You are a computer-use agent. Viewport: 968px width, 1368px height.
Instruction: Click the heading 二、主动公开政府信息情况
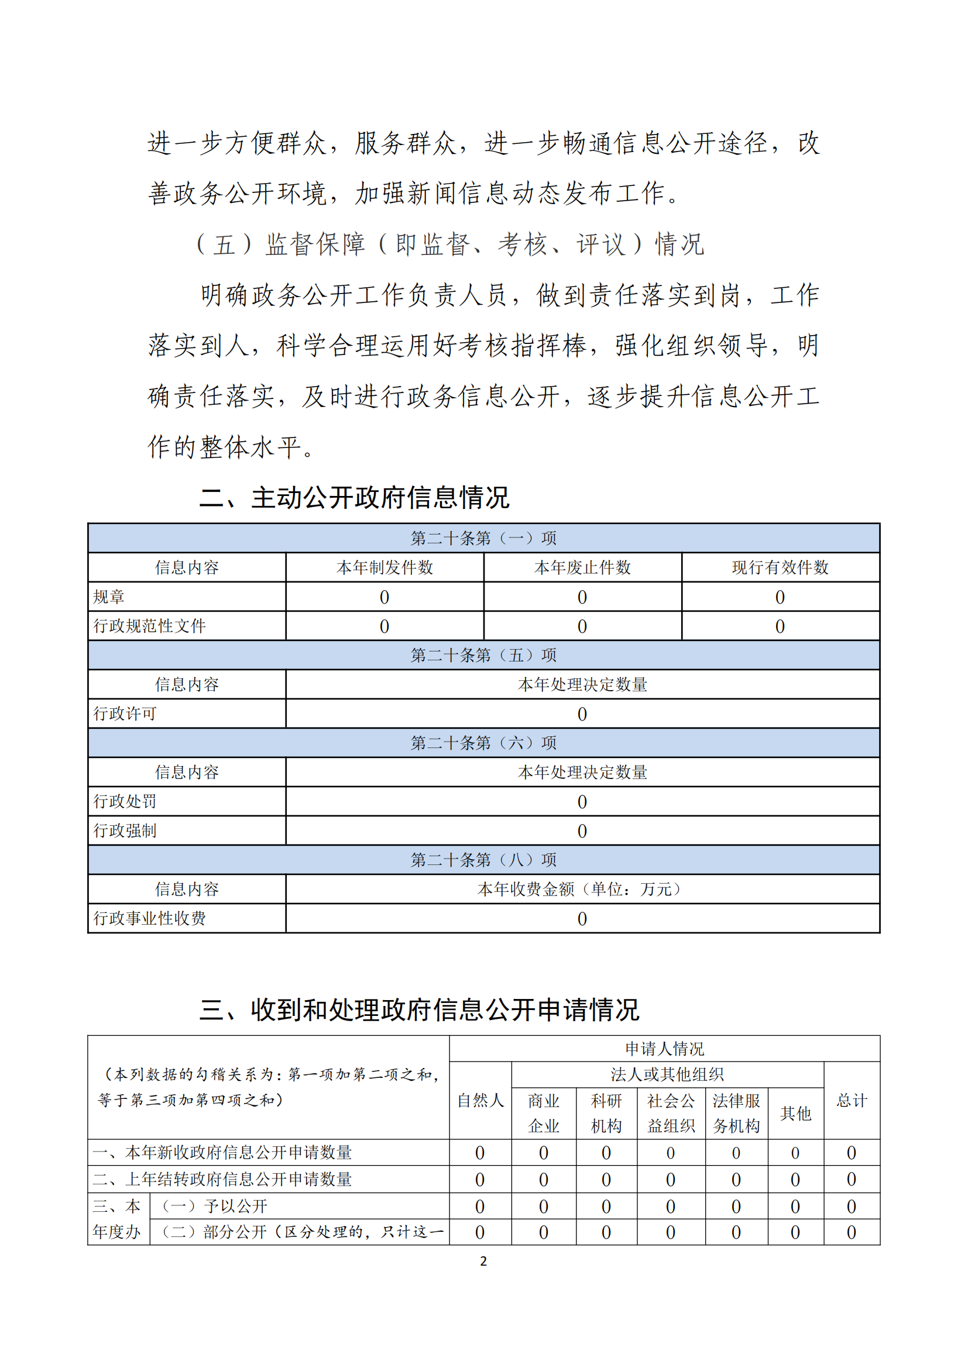354,498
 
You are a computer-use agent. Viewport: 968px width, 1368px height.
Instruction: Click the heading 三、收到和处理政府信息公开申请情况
419,1009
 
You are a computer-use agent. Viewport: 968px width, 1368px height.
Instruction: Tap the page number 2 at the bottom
483,1261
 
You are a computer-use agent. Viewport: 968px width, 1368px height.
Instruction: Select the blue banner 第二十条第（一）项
483,538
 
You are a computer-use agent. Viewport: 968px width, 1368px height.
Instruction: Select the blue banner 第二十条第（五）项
483,655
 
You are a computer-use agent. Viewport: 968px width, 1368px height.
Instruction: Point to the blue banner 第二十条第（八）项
483,860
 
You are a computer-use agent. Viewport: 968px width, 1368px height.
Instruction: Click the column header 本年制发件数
385,567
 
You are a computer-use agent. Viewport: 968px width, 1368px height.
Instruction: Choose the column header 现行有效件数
780,567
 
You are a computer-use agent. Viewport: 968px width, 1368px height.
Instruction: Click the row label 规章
109,597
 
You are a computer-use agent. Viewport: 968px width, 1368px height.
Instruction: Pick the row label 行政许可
125,713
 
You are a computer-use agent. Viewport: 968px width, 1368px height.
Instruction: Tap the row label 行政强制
125,831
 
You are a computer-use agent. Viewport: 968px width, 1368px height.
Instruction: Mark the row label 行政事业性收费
150,918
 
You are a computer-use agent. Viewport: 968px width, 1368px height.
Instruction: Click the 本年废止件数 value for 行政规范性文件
582,626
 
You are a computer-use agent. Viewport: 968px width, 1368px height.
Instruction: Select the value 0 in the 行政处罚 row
582,802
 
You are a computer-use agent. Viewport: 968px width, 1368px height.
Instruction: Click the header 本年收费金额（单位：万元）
582,889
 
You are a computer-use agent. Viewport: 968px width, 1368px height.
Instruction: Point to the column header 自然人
480,1101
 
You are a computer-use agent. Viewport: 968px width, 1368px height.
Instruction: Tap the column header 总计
851,1101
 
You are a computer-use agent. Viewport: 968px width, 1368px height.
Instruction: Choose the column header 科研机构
606,1113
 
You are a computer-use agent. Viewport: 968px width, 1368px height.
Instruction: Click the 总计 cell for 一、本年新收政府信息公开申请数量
851,1153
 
